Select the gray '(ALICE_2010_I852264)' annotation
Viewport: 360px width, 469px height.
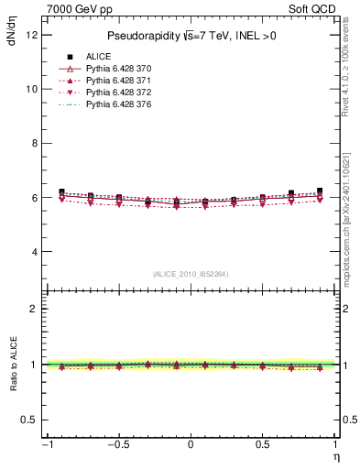(x=191, y=274)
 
